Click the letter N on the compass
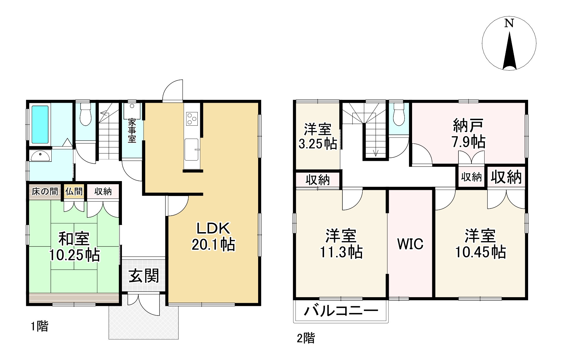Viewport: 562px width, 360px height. [509, 23]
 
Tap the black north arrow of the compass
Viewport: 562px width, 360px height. [509, 53]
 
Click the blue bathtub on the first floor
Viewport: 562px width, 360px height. [40, 124]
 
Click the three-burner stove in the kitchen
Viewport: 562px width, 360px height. [192, 118]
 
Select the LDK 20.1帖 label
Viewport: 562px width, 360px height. [213, 237]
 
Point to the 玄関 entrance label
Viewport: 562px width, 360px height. [144, 276]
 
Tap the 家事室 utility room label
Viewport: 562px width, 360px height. [132, 130]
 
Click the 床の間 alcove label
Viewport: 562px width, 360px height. [45, 191]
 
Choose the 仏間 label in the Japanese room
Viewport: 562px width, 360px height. [74, 191]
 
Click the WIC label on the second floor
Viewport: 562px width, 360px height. [410, 244]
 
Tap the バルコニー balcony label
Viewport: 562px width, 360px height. [341, 311]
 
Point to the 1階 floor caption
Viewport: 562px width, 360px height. [39, 326]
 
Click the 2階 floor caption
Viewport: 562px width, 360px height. [306, 338]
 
